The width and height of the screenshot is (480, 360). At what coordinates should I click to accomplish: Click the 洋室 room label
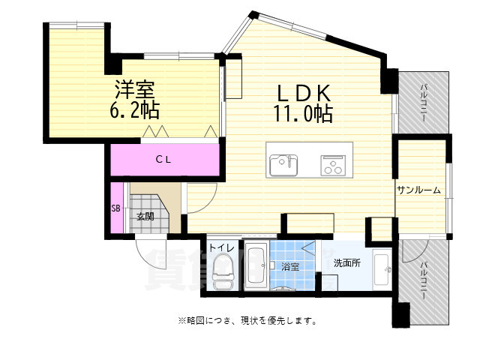(136, 90)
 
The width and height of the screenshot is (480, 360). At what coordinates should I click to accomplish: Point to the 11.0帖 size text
(304, 114)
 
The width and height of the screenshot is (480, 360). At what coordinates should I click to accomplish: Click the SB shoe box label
(116, 208)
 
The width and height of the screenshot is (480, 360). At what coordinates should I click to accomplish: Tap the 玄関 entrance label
(145, 217)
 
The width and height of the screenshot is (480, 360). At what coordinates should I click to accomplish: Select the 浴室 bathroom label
(290, 265)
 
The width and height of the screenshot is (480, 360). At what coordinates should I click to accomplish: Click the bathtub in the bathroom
(256, 266)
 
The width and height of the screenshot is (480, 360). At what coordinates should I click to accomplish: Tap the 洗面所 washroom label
(347, 263)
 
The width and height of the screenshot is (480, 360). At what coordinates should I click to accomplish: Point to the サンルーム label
(418, 190)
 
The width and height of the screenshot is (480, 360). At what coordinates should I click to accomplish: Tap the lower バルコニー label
(424, 280)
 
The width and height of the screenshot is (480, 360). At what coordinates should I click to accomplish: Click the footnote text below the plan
(247, 320)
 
